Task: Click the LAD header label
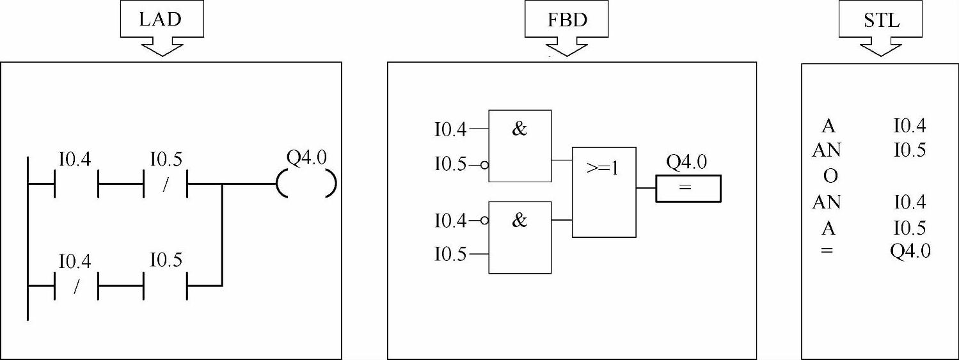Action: (x=161, y=19)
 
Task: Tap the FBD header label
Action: (x=567, y=19)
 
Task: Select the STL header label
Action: (x=882, y=19)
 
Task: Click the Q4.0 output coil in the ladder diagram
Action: (x=306, y=185)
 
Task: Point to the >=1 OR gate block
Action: (x=604, y=191)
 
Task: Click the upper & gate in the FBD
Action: (x=519, y=146)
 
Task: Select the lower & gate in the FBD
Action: (x=519, y=237)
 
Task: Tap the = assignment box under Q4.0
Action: (x=688, y=189)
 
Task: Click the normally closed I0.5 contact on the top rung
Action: (x=166, y=185)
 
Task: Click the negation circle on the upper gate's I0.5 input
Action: (x=484, y=165)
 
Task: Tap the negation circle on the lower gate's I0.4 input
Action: (x=484, y=221)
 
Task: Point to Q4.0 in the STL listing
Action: (x=910, y=251)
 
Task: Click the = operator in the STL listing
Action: (x=827, y=251)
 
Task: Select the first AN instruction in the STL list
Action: (x=827, y=150)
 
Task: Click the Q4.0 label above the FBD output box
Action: (x=686, y=162)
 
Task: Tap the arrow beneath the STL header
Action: (x=882, y=47)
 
